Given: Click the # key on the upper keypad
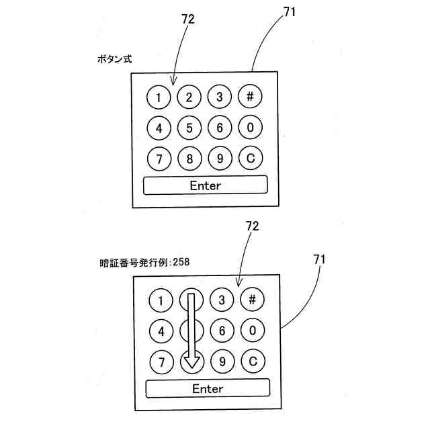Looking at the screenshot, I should pos(250,97).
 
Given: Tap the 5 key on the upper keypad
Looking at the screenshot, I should pos(189,128).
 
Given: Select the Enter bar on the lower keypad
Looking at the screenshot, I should pos(208,388).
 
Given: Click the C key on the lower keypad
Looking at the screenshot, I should pos(253,361).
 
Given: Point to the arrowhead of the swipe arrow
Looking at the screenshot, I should pos(192,363).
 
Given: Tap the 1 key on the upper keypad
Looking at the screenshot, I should pos(159,98).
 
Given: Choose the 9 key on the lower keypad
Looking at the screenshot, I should pos(222,361).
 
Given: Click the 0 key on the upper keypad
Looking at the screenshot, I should pos(250,128).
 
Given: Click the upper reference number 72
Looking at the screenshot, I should pos(188,19).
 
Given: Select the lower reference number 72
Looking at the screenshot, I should pos(253,226).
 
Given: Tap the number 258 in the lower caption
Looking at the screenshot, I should pos(181,262).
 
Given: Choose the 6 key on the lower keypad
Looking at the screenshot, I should pos(222,331).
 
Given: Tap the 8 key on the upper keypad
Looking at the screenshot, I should pos(189,159).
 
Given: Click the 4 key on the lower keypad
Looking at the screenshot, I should pos(161,331).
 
